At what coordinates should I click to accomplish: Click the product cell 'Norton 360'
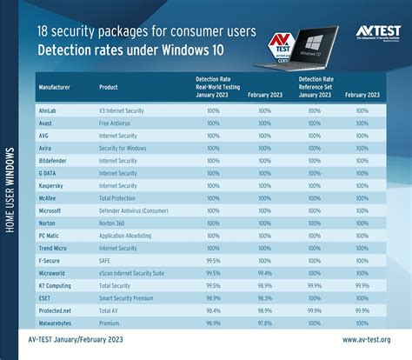(117, 222)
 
